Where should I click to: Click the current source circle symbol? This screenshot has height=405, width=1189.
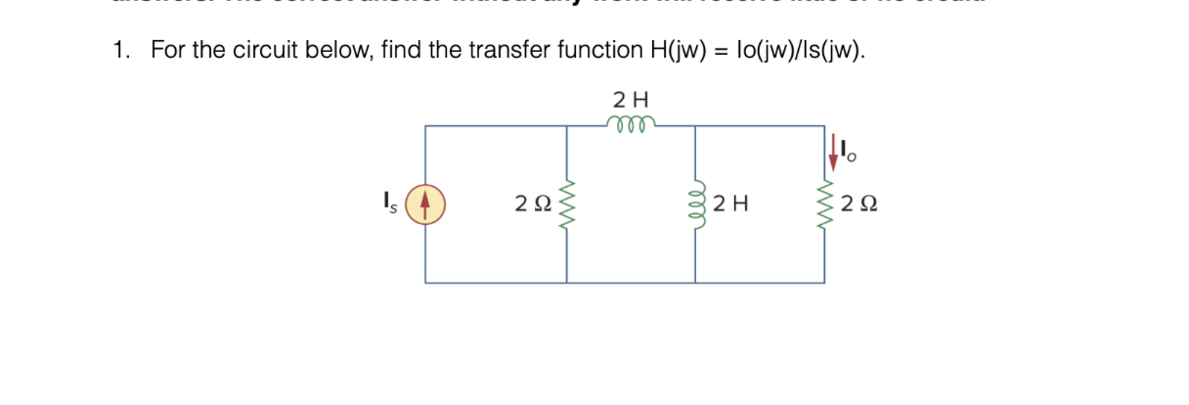click(x=425, y=204)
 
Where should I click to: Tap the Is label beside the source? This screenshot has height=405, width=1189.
click(x=395, y=204)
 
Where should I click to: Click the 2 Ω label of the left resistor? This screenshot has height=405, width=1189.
click(x=534, y=204)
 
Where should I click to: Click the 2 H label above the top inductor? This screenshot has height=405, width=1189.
click(x=631, y=99)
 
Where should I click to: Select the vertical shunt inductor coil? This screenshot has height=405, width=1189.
click(x=695, y=204)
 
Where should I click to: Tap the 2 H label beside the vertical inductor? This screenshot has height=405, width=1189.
click(x=731, y=204)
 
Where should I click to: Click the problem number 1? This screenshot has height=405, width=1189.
click(x=118, y=50)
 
